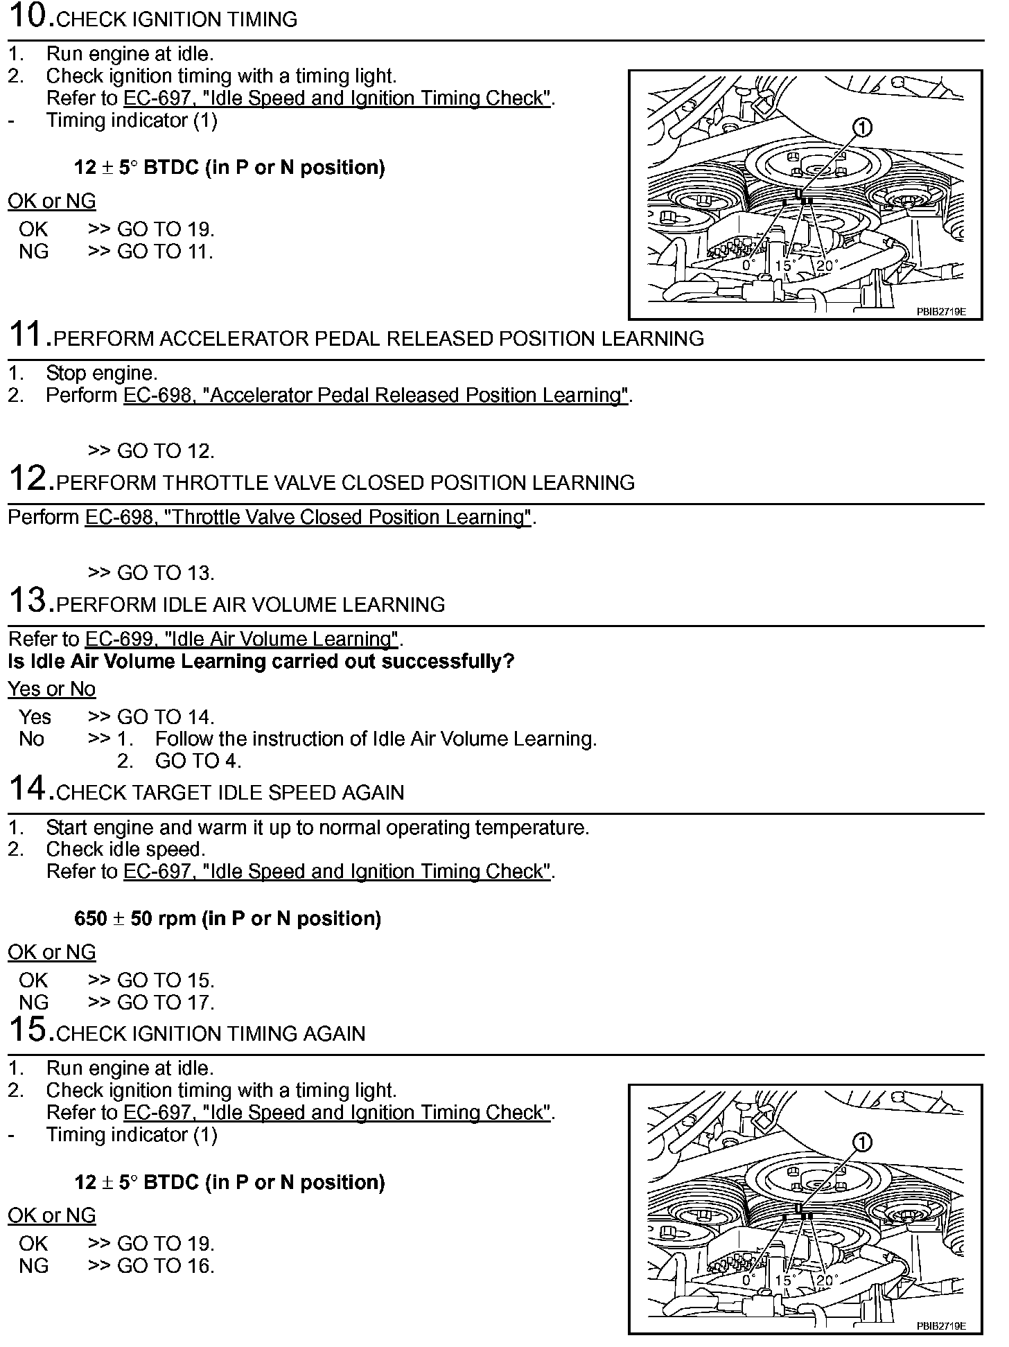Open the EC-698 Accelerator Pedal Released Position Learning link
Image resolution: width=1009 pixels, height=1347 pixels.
[x=376, y=395]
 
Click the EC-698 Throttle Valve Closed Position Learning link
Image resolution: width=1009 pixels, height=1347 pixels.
[x=308, y=517]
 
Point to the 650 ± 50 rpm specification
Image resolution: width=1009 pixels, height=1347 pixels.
[x=227, y=919]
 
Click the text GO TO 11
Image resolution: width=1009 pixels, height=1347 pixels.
[x=164, y=252]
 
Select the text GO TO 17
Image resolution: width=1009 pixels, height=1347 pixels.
[x=166, y=1003]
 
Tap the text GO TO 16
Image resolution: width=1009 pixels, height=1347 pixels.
[x=166, y=1266]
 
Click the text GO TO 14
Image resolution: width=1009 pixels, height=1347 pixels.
[x=166, y=716]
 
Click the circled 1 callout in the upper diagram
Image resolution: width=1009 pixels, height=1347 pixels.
[x=862, y=127]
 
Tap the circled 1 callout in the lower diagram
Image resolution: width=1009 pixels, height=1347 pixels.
[x=862, y=1143]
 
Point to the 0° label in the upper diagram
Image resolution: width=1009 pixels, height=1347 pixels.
[x=748, y=265]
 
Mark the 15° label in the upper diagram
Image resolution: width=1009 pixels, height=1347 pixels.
[x=784, y=265]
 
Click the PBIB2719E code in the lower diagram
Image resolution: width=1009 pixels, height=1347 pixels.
[x=940, y=1326]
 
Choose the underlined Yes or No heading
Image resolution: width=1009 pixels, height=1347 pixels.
[x=51, y=689]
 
